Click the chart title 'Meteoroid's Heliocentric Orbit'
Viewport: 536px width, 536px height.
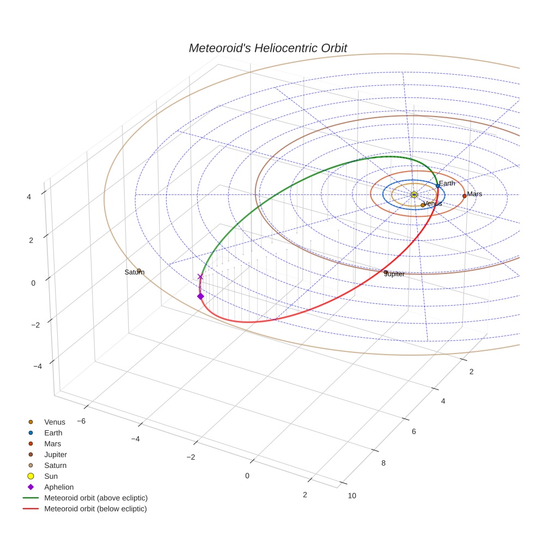267,48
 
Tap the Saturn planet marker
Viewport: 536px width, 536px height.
139,271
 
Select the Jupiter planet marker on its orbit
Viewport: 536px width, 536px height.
386,272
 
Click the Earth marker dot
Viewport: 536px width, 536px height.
437,186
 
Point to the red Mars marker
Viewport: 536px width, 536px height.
464,196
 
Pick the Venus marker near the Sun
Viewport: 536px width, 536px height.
423,205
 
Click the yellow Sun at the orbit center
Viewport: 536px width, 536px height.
414,194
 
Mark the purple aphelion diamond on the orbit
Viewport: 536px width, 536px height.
200,296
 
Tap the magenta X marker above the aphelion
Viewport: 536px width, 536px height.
200,277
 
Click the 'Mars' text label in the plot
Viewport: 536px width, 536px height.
474,194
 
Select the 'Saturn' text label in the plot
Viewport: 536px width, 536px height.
135,272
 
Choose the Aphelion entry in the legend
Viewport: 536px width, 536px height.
59,487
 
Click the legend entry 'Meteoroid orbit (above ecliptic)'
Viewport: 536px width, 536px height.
96,498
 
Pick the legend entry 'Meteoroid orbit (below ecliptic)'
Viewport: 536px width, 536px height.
95,509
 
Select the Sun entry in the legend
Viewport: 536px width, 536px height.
51,476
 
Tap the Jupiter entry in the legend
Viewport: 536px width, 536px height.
56,454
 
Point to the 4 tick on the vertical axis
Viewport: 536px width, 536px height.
29,197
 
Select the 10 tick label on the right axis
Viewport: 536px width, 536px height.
352,495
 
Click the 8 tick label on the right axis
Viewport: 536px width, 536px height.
383,463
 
